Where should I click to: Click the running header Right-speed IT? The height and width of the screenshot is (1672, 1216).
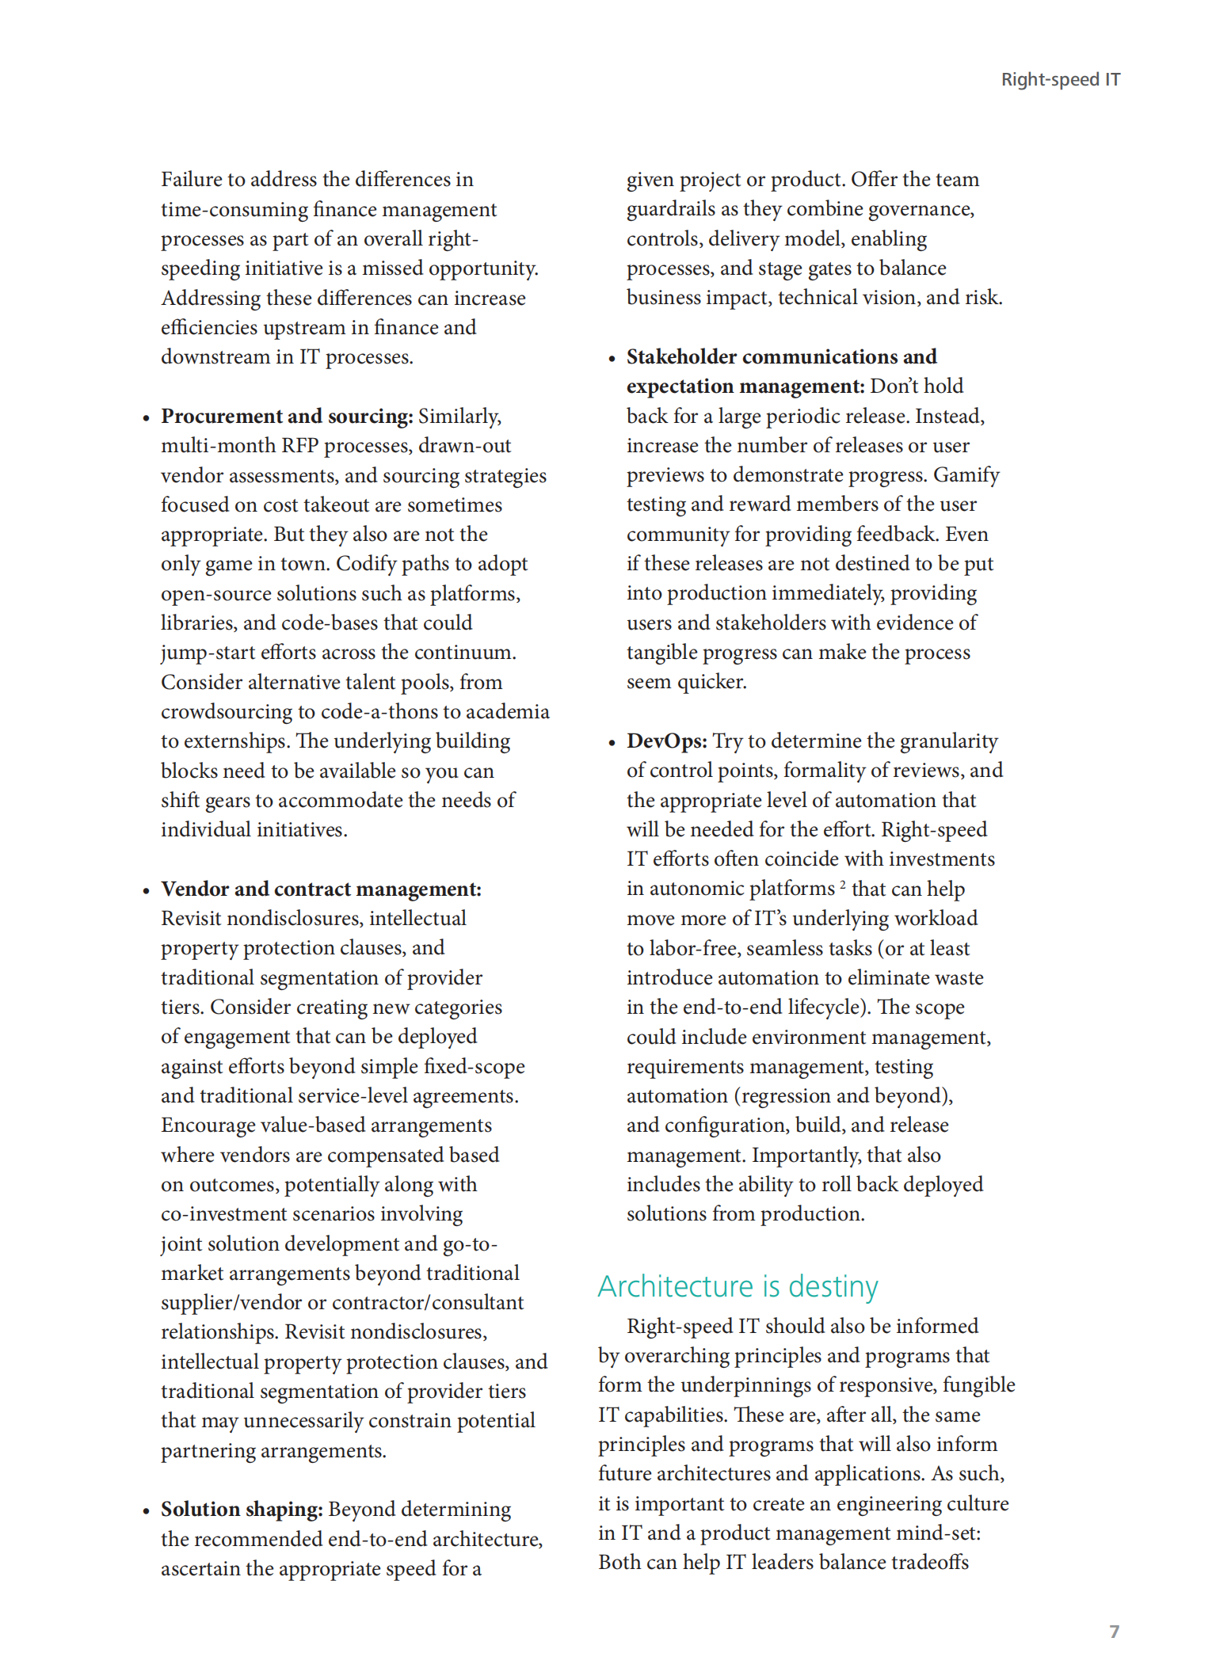click(1060, 80)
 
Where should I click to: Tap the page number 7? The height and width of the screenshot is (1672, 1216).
click(1114, 1631)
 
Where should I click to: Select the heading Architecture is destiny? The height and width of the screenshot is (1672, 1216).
click(738, 1287)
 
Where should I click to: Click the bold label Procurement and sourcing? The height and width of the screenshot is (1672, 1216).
click(287, 417)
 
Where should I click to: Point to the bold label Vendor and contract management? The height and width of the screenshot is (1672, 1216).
click(321, 889)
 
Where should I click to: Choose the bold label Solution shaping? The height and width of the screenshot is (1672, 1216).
click(242, 1510)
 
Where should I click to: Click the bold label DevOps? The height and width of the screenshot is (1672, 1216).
click(666, 741)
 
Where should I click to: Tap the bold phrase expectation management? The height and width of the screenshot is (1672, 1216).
click(745, 387)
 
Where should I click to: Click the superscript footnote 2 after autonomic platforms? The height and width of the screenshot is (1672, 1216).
click(843, 884)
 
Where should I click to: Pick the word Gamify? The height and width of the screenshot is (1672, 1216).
click(966, 475)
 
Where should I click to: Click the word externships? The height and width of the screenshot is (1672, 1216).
click(236, 741)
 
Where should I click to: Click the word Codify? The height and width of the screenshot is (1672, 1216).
click(365, 564)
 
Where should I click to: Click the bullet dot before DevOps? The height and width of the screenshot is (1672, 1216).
click(612, 743)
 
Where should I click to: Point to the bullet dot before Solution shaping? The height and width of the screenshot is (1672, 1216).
click(147, 1511)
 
